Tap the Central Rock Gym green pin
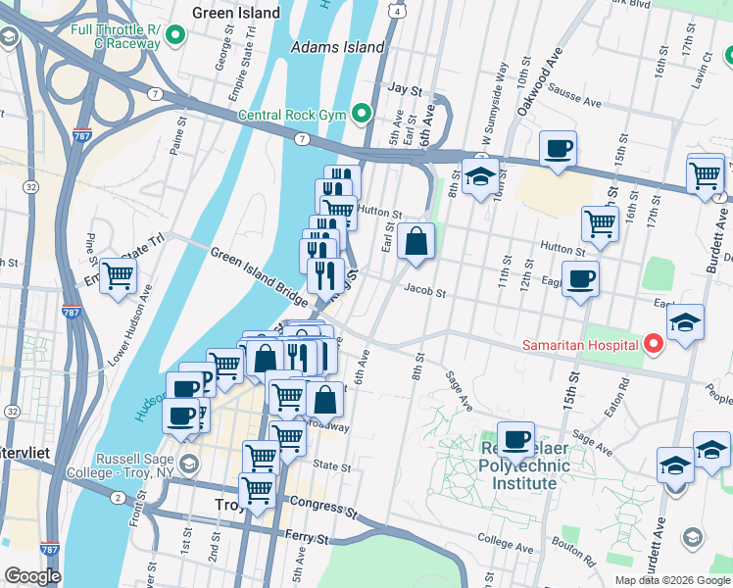click(361, 115)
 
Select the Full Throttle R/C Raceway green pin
click(176, 37)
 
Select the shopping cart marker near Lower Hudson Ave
click(118, 275)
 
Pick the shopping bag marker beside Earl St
click(416, 240)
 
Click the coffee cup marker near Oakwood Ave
click(558, 149)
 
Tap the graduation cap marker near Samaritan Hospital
click(685, 322)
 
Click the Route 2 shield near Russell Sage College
click(118, 498)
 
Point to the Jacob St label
click(425, 292)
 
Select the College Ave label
click(504, 540)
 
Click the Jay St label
click(404, 88)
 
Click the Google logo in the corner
click(32, 576)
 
